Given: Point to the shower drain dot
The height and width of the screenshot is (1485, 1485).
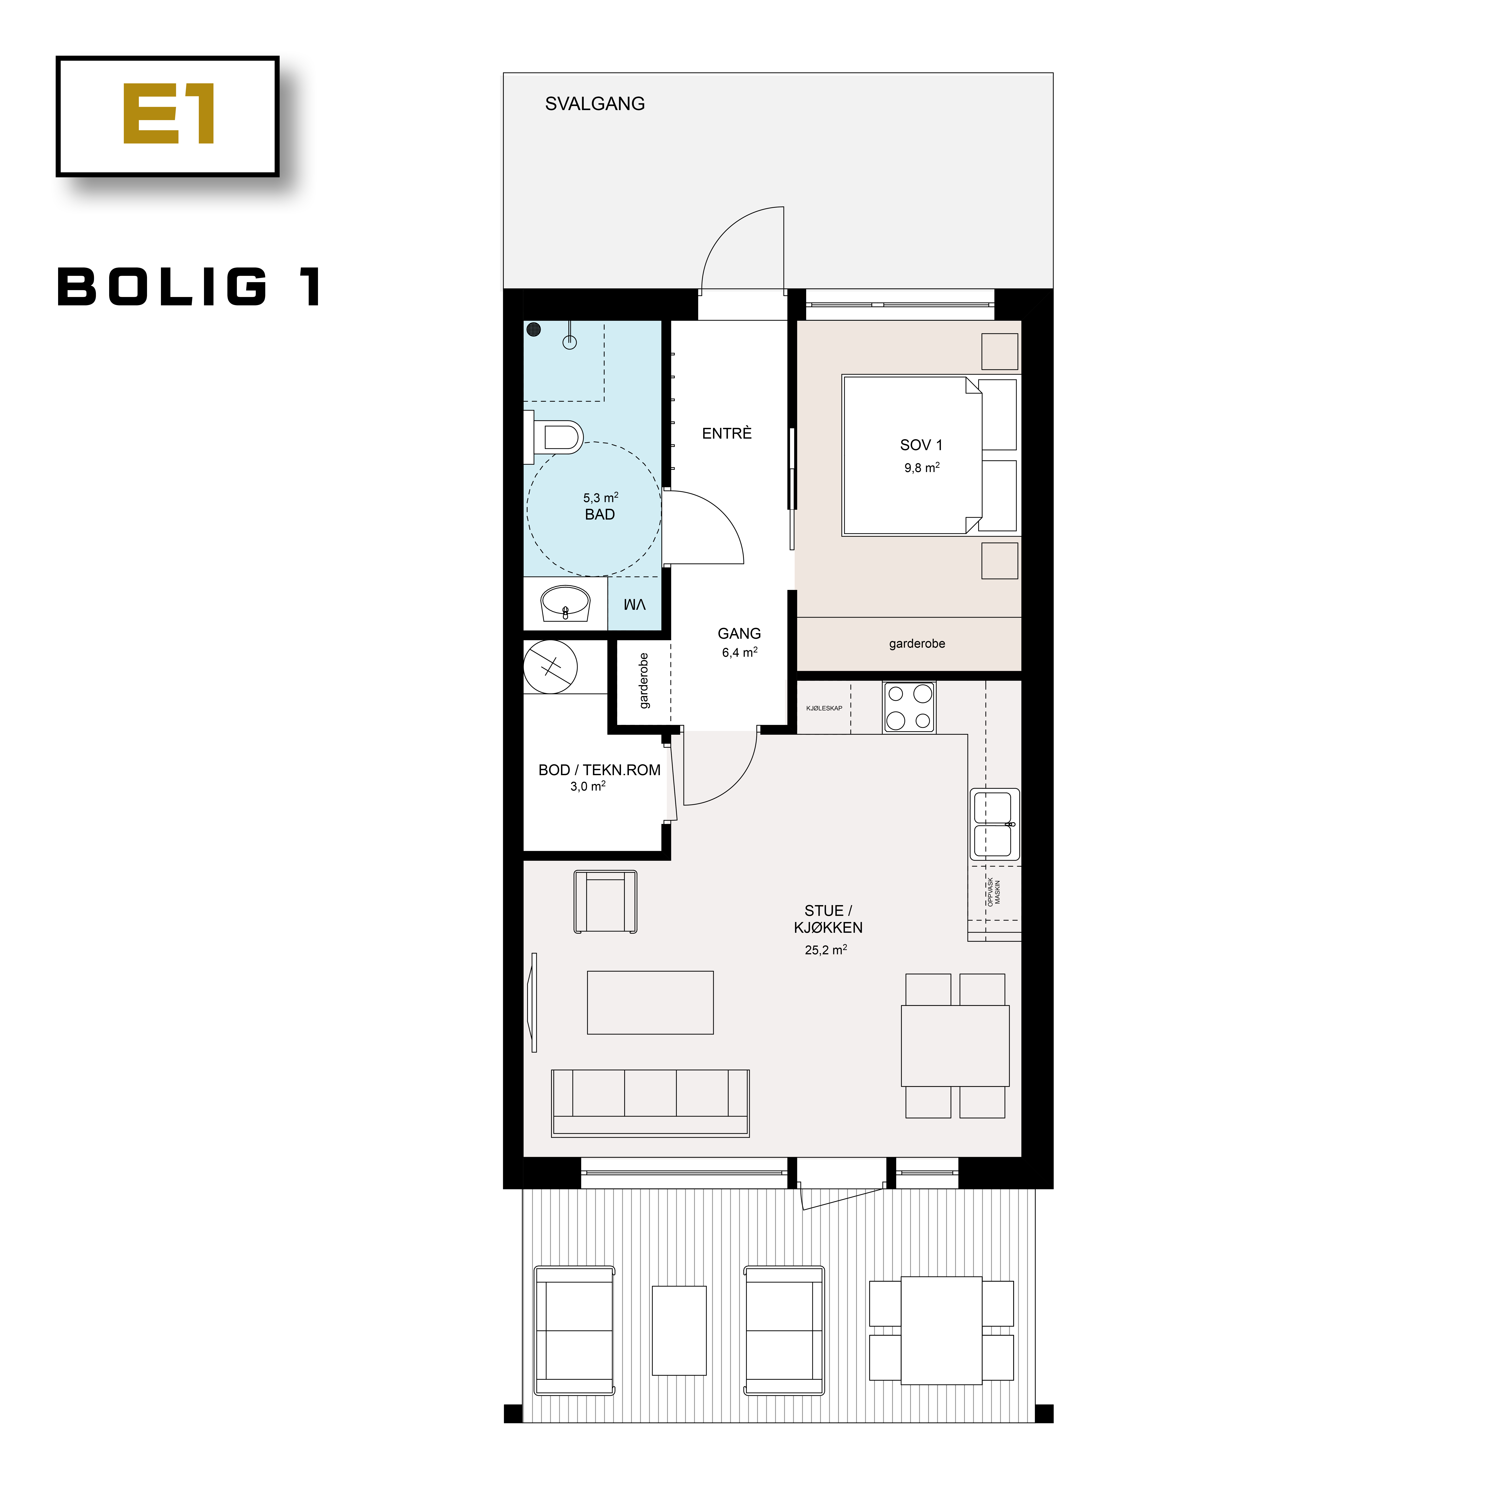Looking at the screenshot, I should coord(533,330).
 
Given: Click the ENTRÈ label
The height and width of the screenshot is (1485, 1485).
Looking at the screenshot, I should coord(726,433).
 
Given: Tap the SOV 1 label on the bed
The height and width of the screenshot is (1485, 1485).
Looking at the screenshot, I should coord(921,445).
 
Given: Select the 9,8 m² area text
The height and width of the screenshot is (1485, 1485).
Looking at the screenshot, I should coord(922,467).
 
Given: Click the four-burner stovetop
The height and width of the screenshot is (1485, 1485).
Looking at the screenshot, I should coord(908,706).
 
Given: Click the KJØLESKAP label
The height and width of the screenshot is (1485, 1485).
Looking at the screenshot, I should coord(824,708).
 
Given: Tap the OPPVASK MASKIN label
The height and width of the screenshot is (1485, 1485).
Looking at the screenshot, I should coord(994,892).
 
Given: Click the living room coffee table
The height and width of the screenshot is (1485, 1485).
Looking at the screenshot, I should coord(650,1002).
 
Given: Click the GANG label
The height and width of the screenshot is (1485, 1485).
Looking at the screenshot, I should coord(739,633).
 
